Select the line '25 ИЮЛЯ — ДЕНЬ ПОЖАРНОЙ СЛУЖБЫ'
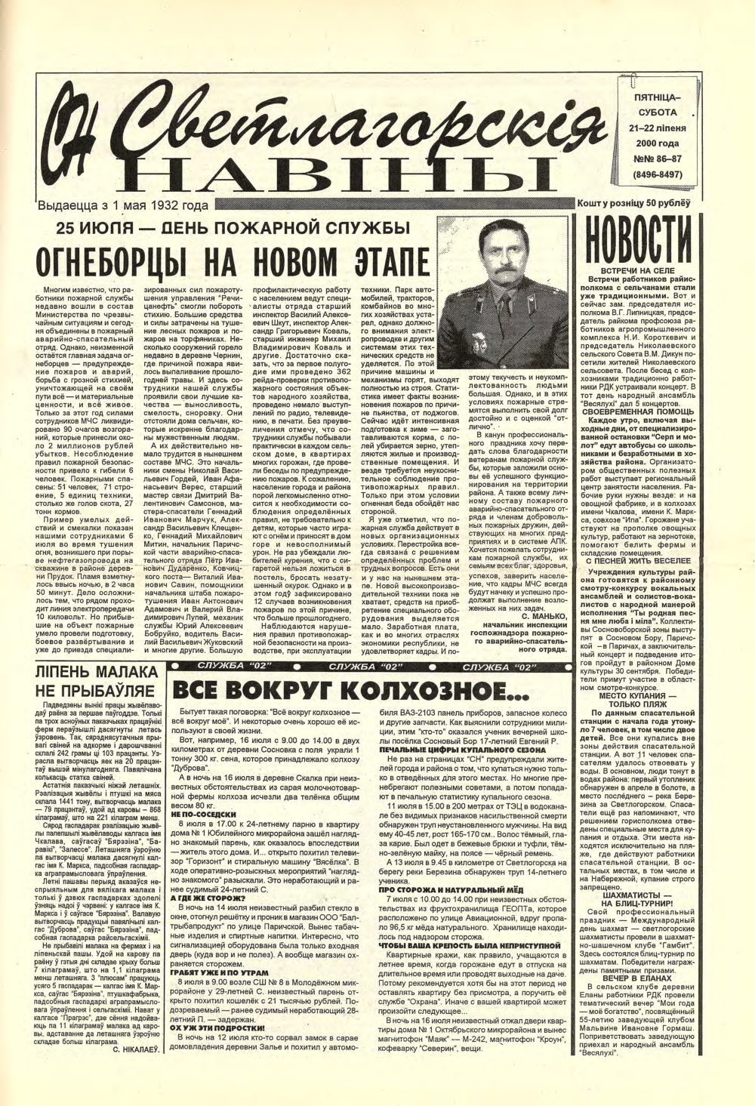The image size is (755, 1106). [225, 228]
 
